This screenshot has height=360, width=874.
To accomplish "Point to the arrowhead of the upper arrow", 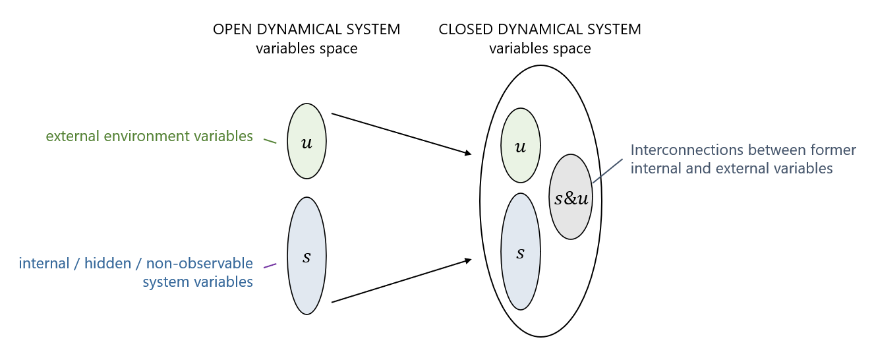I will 469,154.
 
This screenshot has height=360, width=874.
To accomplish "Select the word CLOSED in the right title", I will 462,30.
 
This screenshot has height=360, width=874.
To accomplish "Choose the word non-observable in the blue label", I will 200,264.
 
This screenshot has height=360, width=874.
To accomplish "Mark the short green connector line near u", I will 270,140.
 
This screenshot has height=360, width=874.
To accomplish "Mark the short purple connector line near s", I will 270,266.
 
